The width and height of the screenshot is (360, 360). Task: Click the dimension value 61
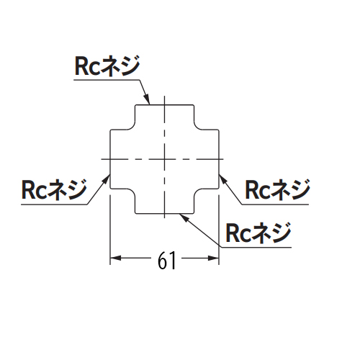click(167, 261)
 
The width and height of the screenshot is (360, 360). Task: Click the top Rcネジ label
click(107, 66)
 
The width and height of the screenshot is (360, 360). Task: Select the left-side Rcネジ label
click(54, 189)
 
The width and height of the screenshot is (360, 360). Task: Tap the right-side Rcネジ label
click(278, 189)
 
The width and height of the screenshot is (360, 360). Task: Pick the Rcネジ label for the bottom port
click(258, 233)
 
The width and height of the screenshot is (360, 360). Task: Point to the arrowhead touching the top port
click(147, 99)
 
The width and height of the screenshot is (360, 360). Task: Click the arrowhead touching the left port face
click(106, 179)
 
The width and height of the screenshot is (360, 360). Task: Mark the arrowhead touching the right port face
click(223, 179)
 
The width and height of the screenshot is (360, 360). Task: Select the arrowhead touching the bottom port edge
click(184, 217)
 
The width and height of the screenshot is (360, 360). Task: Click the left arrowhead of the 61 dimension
click(115, 258)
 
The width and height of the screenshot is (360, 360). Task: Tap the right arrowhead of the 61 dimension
click(214, 258)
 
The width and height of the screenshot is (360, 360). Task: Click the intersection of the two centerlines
click(164, 159)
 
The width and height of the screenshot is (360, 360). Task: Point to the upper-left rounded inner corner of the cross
click(132, 127)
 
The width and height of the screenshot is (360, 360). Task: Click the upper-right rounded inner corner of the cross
click(197, 127)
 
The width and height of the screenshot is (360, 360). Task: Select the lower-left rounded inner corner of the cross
click(132, 192)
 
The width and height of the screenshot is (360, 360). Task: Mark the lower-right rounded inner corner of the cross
click(197, 192)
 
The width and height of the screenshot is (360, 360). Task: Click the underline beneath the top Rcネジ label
click(107, 80)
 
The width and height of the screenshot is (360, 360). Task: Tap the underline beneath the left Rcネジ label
click(54, 204)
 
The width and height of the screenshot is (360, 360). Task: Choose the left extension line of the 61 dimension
click(110, 230)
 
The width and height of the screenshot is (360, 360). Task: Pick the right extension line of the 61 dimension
click(219, 230)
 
